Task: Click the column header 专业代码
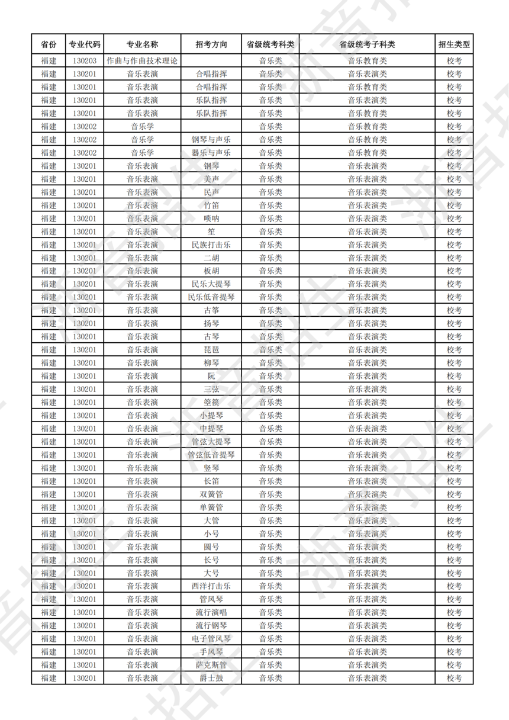point(85,44)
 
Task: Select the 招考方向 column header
point(211,44)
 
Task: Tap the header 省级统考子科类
point(367,44)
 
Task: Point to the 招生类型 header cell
point(454,44)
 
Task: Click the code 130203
point(85,60)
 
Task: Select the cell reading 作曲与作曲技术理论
point(142,60)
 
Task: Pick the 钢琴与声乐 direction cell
point(211,140)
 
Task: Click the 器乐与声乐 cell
point(211,153)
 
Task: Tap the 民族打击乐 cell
point(211,245)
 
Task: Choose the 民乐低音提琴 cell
point(211,297)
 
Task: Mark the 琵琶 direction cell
point(211,350)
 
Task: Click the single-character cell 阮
point(211,376)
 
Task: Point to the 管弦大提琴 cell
point(211,442)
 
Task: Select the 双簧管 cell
point(211,494)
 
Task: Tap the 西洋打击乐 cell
point(211,586)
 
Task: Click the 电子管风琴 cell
point(211,639)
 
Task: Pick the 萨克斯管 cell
point(211,665)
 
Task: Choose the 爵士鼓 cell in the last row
point(211,678)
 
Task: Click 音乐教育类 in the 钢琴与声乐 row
point(367,140)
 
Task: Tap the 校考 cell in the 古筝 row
point(454,310)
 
